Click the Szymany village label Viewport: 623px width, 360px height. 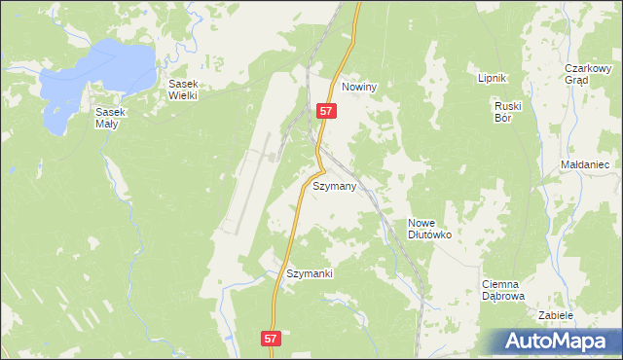pos(334,185)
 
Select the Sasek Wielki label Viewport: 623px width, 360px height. pos(183,90)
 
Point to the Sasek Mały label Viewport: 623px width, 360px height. pos(111,119)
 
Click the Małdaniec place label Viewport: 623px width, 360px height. pos(585,165)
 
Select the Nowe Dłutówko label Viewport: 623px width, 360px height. pos(429,228)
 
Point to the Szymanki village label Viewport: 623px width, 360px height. pos(310,273)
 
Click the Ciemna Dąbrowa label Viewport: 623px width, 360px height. pos(503,290)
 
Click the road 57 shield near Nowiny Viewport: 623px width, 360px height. pos(326,112)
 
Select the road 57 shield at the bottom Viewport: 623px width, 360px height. pos(272,338)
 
